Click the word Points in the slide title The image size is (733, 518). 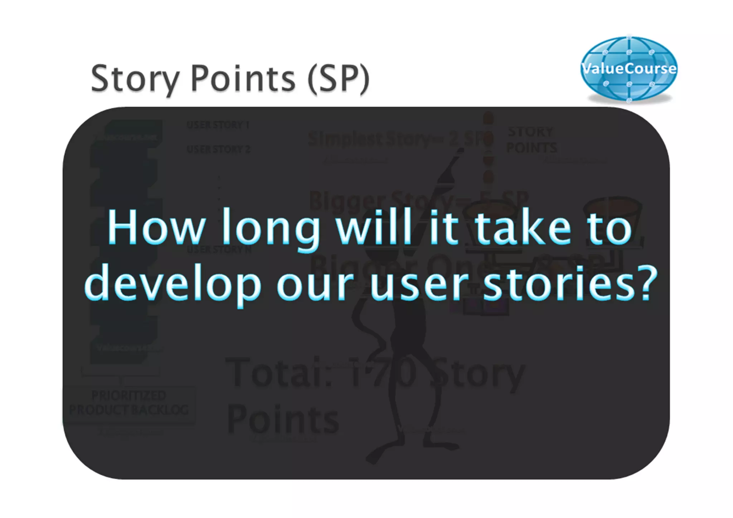[243, 79]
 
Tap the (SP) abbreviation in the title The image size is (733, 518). [338, 79]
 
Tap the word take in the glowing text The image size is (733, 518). [523, 227]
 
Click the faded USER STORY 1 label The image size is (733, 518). [218, 125]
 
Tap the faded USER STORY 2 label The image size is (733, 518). [218, 149]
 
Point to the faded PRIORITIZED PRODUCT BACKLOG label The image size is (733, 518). [129, 403]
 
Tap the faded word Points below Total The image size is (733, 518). [283, 420]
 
